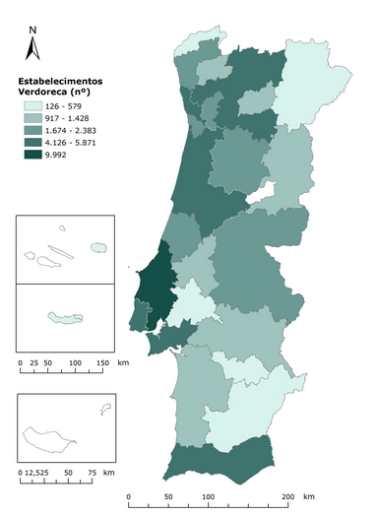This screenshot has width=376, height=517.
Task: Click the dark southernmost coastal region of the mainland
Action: click(x=217, y=463)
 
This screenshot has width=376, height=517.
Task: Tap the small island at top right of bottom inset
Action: click(x=104, y=409)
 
